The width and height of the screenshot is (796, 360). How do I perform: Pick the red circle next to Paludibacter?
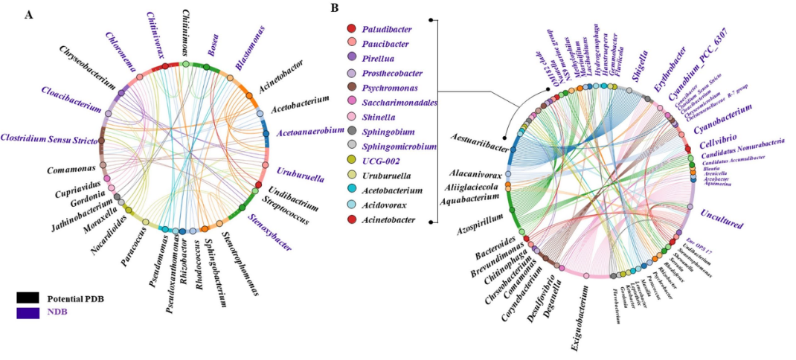[351, 28]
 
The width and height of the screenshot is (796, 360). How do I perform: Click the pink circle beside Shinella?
[351, 117]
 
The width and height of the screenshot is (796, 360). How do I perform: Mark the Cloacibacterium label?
[72, 100]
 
